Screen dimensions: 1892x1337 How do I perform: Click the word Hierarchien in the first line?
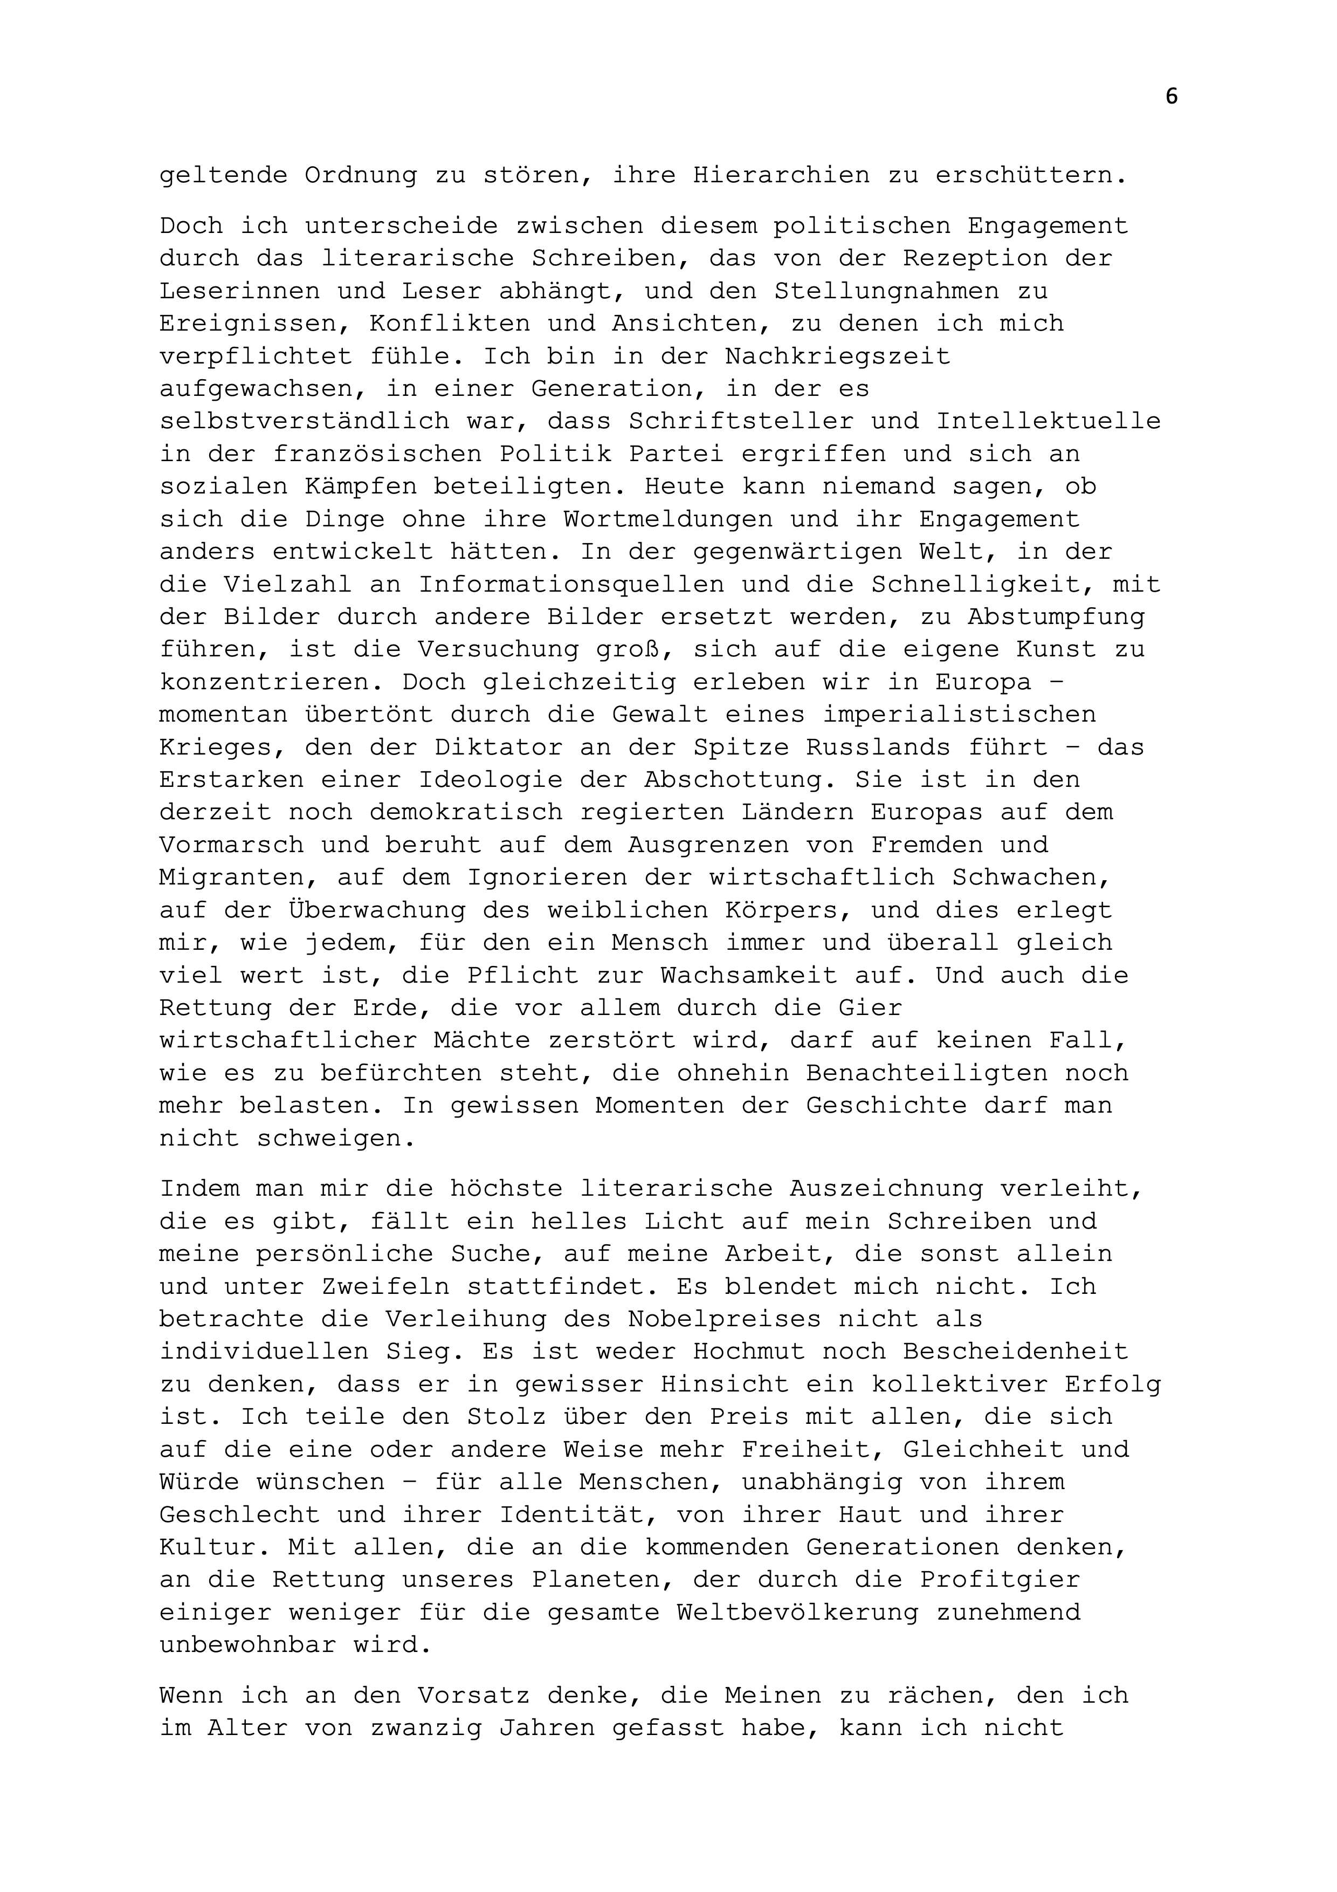pos(781,175)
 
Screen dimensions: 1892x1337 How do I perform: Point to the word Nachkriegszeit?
pos(837,356)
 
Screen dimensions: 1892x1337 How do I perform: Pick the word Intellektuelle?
pos(1048,421)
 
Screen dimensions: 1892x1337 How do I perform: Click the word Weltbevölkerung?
pos(797,1613)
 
